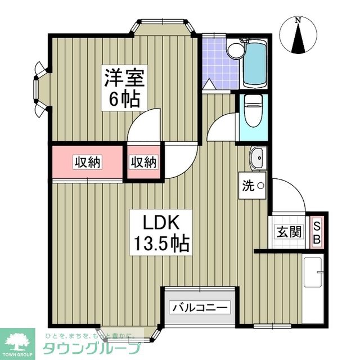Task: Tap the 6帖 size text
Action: (124, 100)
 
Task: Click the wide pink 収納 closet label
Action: (87, 163)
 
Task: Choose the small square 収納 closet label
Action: (143, 163)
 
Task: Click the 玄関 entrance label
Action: (289, 231)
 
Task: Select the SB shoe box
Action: (317, 232)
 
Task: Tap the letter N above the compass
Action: (299, 21)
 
